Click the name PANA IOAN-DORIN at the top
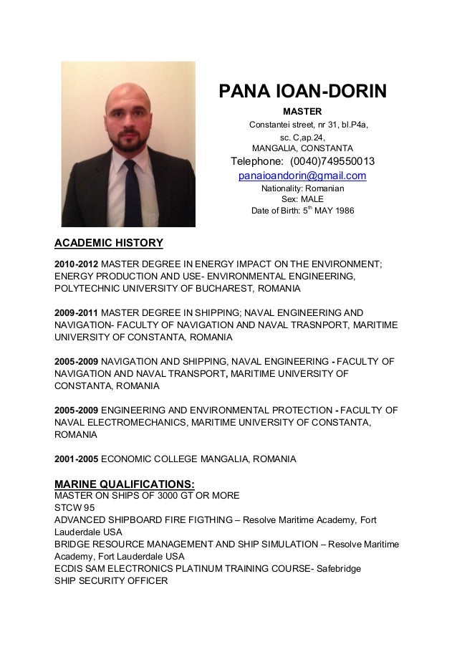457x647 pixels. [302, 92]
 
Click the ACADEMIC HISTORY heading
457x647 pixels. [109, 242]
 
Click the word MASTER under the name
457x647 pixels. [302, 112]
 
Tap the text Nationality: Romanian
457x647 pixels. [302, 188]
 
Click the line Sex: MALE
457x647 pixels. [302, 199]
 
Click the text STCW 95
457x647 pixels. [74, 508]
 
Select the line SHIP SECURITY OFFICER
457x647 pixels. [111, 581]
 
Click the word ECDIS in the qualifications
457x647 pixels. [69, 569]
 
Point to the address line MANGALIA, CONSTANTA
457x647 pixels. [302, 148]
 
